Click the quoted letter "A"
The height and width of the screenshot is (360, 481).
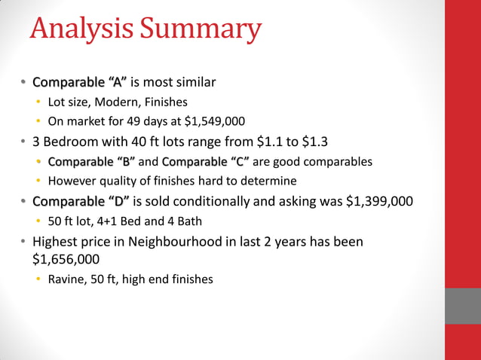point(118,81)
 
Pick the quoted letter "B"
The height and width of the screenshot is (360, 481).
point(126,161)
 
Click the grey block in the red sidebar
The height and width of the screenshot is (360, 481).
point(462,306)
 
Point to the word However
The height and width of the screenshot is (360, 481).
point(73,182)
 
